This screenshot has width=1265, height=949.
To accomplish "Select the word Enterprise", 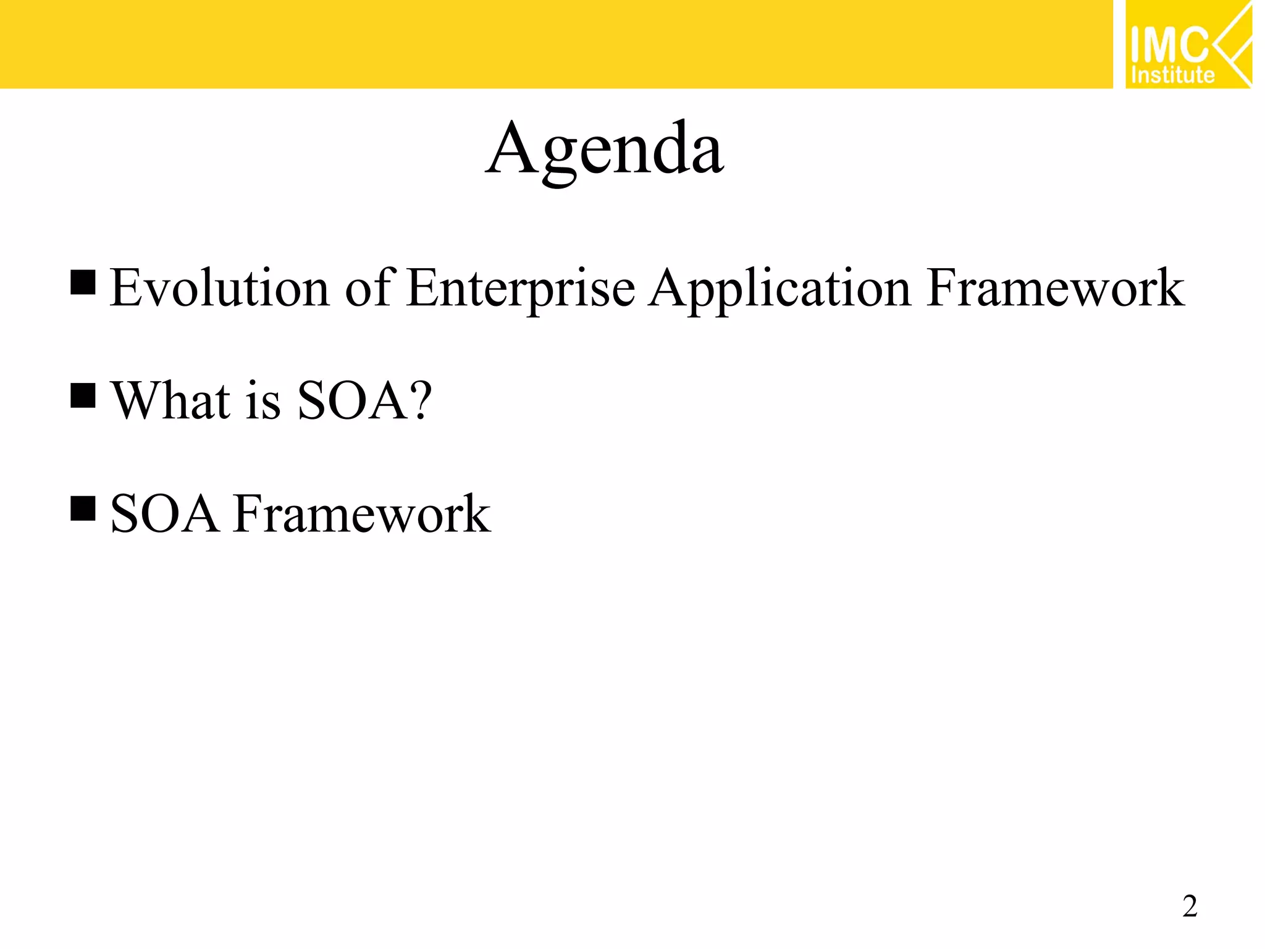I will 521,289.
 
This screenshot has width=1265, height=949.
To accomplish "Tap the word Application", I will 780,289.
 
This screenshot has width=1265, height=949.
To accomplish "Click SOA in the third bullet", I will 164,513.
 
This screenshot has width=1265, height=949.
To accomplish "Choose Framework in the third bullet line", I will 362,513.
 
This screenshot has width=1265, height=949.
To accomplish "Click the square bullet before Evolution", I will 83,282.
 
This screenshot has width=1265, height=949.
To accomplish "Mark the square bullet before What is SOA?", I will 83,395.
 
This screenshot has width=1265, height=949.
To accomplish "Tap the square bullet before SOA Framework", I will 83,508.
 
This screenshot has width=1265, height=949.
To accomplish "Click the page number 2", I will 1190,906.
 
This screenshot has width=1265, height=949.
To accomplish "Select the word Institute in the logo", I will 1172,75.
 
